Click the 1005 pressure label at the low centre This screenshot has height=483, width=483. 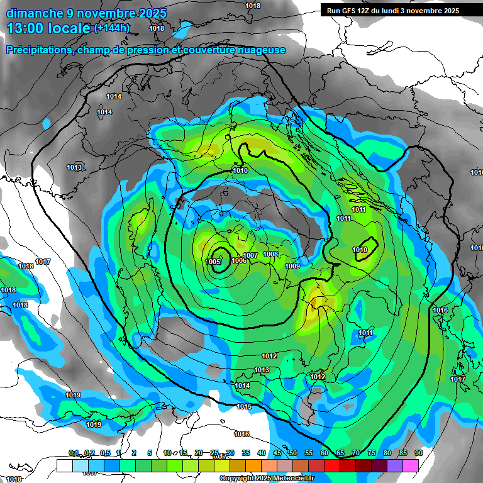[x=213, y=262]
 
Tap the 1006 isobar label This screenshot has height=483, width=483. [x=239, y=260]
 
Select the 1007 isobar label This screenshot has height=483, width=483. [x=250, y=255]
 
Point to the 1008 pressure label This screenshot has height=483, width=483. [x=270, y=254]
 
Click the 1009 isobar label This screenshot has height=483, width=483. [x=292, y=267]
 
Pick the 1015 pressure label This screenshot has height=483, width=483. [x=244, y=407]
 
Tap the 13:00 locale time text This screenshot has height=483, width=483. [x=48, y=28]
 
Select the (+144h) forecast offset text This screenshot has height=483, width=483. [x=112, y=28]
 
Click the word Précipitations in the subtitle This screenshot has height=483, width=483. [x=38, y=50]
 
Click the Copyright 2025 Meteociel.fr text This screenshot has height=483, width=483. [x=267, y=479]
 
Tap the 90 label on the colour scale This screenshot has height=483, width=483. [x=418, y=453]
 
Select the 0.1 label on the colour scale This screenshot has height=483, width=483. [x=74, y=453]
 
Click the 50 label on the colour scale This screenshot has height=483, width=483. [x=292, y=453]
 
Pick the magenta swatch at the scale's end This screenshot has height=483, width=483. [x=411, y=465]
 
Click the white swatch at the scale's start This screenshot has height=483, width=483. [x=64, y=465]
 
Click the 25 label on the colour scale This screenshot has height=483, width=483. [x=214, y=453]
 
